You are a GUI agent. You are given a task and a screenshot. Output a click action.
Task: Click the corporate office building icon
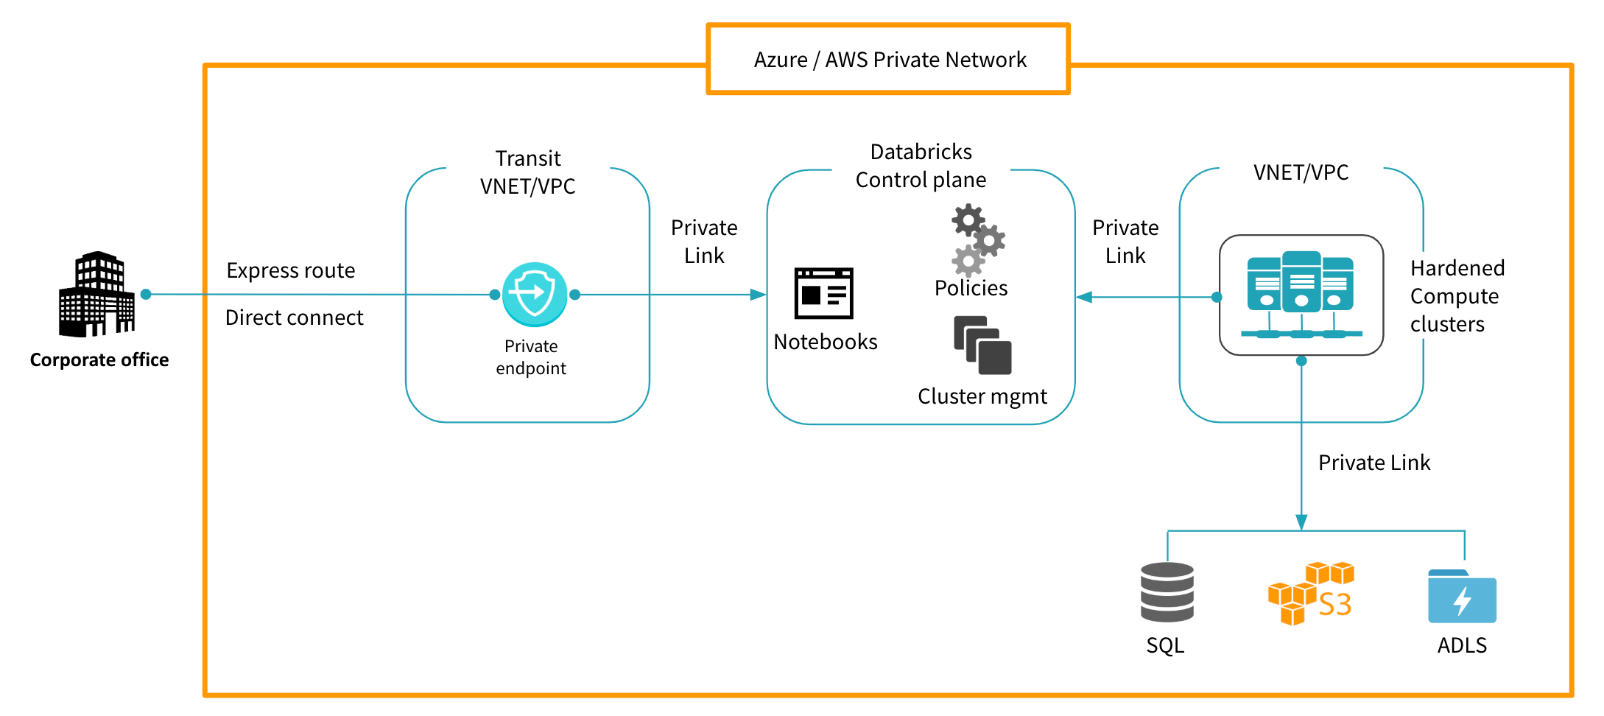pos(97,294)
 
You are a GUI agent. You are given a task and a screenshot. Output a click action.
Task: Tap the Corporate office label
pos(99,359)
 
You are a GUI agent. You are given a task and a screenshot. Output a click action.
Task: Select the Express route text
pos(291,270)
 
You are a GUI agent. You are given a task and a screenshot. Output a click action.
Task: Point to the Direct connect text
pos(294,317)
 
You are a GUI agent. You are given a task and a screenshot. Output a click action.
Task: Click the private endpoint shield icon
pos(535,294)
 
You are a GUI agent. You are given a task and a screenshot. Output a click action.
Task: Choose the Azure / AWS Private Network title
pos(890,59)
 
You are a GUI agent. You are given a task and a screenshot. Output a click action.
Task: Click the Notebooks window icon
pos(823,293)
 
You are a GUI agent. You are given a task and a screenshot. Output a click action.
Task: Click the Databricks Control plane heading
pos(921,166)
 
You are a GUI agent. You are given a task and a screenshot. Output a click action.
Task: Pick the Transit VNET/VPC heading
pos(528,172)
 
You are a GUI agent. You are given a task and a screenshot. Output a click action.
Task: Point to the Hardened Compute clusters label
pos(1457,296)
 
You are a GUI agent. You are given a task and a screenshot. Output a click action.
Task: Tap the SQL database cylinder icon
pos(1167,592)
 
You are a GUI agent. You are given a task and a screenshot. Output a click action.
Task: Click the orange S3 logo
pos(1311,594)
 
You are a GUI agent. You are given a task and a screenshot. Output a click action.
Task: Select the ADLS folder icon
pos(1462,597)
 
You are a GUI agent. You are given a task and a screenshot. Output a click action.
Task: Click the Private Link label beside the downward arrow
pos(1374,463)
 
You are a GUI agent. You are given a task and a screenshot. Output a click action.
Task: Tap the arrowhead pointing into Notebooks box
pos(758,295)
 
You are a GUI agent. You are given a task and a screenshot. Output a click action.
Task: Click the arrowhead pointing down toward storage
pos(1301,522)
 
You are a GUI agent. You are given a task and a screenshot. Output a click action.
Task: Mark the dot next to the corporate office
pos(146,294)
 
